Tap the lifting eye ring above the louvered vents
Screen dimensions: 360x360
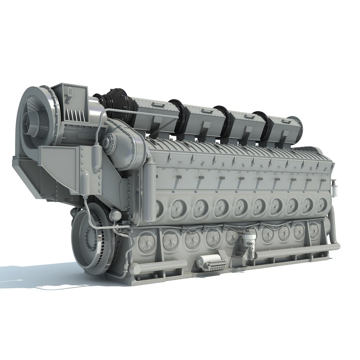(x=69, y=91)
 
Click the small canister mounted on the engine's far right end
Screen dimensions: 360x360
(x=333, y=184)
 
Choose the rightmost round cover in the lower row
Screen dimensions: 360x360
(x=314, y=230)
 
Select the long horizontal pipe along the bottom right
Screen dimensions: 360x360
(x=297, y=252)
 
